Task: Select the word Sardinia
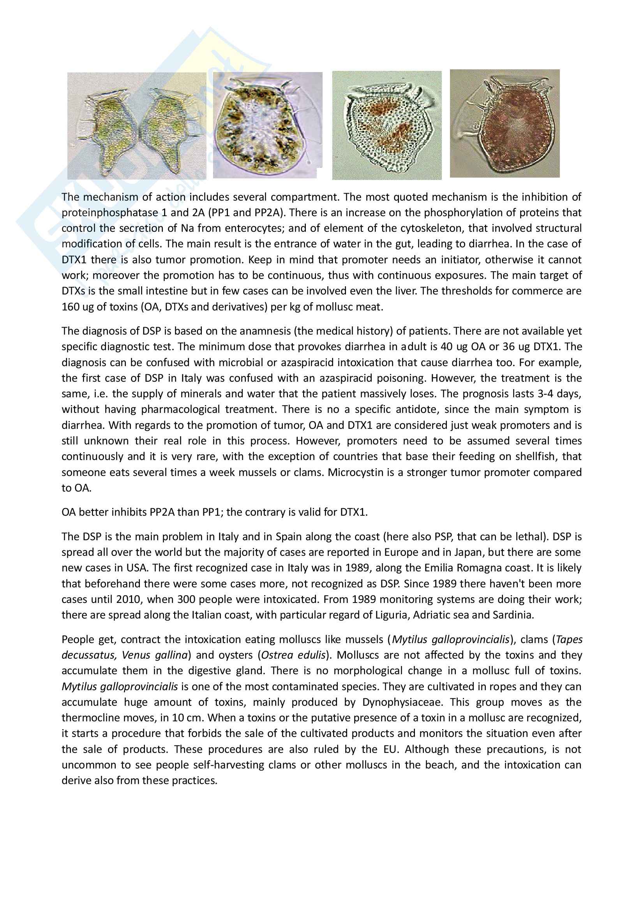[512, 615]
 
